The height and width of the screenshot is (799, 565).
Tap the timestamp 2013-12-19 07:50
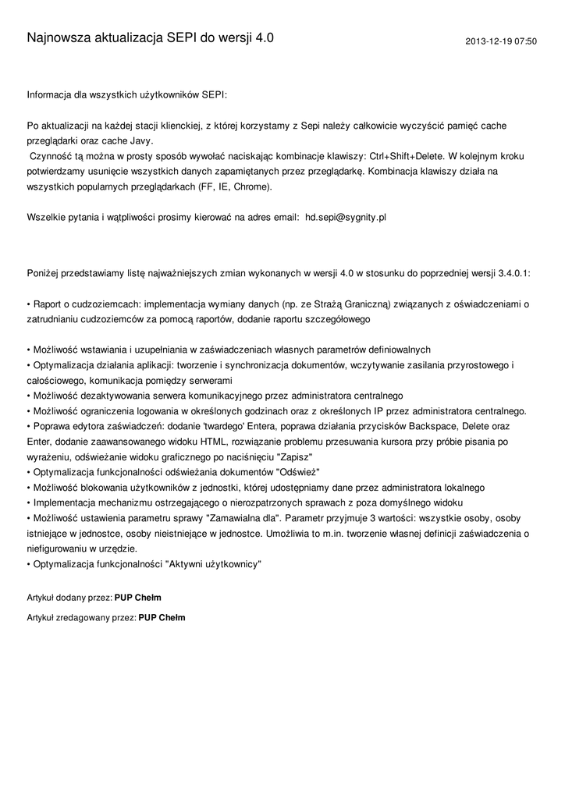click(501, 41)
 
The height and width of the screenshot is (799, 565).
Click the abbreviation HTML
click(215, 442)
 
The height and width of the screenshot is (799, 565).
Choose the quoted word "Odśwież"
click(298, 472)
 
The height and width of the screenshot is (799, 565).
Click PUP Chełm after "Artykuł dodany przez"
click(137, 598)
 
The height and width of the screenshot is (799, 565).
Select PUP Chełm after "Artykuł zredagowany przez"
click(162, 617)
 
